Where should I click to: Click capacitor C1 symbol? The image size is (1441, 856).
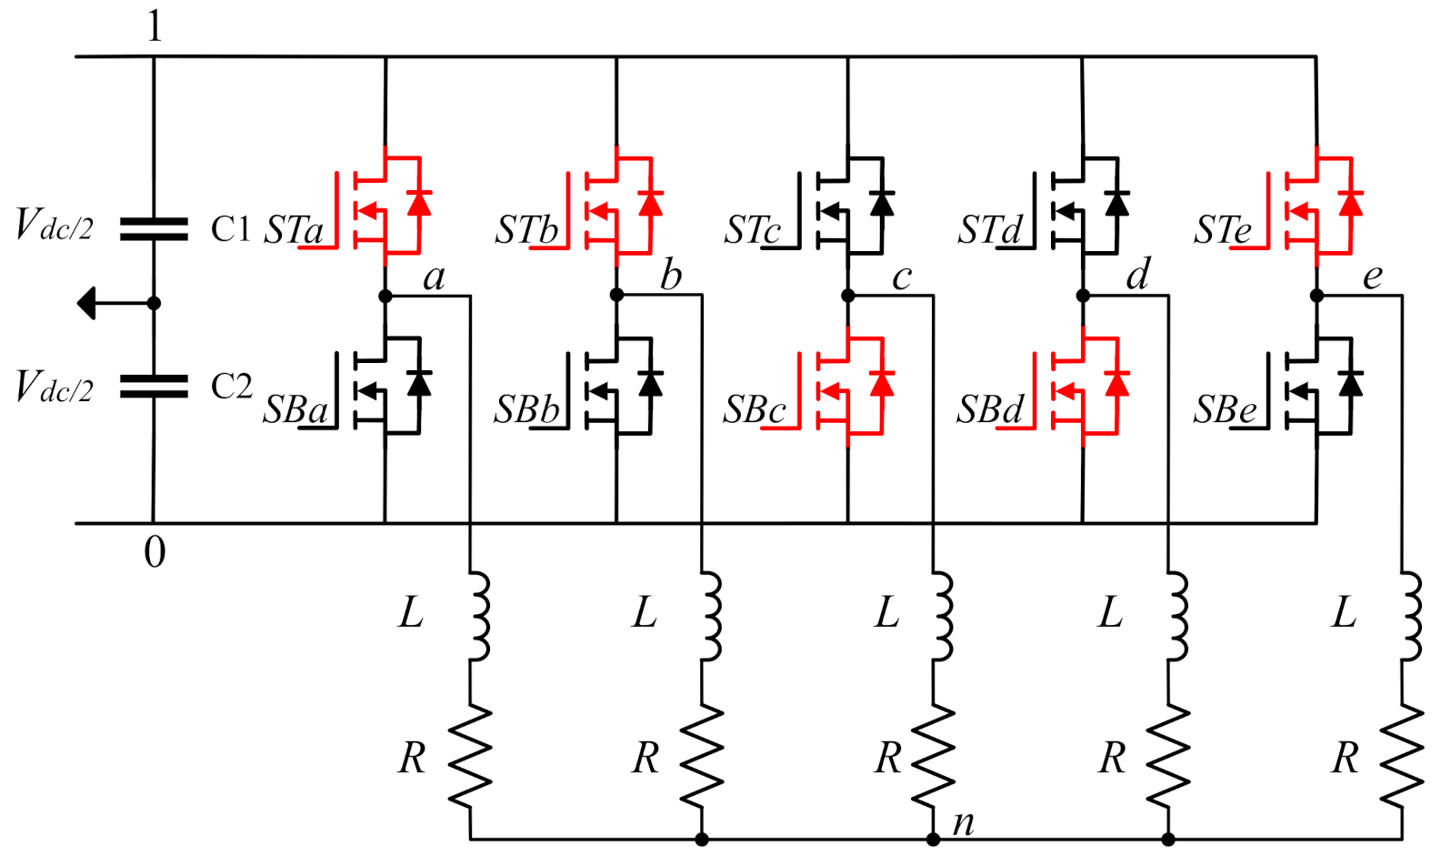(x=154, y=228)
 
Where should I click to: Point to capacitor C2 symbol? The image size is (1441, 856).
(x=154, y=387)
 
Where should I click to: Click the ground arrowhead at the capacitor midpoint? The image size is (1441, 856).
(x=87, y=303)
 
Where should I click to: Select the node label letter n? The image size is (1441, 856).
(x=964, y=822)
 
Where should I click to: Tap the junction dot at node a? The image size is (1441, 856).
(x=385, y=296)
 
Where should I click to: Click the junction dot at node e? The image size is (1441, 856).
(x=1316, y=296)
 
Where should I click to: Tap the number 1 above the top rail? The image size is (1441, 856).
(x=154, y=26)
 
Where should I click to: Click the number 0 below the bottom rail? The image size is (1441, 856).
(x=155, y=552)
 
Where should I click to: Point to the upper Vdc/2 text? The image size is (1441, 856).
(x=54, y=225)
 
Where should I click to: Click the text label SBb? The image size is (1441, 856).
(x=526, y=410)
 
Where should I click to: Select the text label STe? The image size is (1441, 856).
(x=1223, y=229)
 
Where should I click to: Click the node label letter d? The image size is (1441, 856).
(x=1137, y=275)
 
